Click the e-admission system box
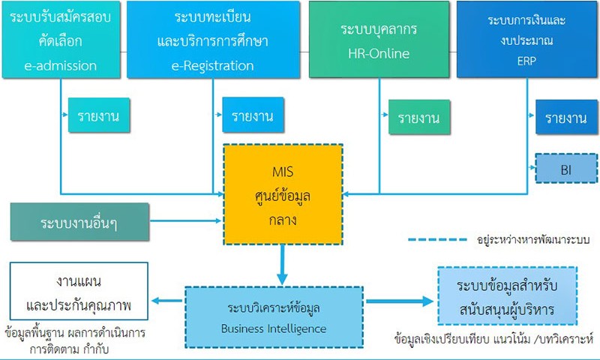click(x=61, y=40)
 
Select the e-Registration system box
click(x=213, y=40)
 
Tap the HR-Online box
click(x=379, y=40)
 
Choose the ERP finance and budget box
click(x=527, y=40)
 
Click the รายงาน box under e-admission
click(x=99, y=115)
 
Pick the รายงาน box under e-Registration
click(x=253, y=115)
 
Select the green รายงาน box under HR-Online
click(x=419, y=117)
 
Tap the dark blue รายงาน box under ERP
click(x=566, y=117)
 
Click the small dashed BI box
click(x=566, y=168)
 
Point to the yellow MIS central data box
click(x=283, y=194)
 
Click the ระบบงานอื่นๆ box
click(x=79, y=222)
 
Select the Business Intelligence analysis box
click(x=274, y=317)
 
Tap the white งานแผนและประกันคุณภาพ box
click(x=79, y=291)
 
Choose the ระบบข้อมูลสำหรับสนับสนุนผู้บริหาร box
click(x=508, y=295)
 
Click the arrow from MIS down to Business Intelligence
click(x=283, y=265)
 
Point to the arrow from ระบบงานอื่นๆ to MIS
click(x=186, y=220)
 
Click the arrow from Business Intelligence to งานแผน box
click(x=167, y=301)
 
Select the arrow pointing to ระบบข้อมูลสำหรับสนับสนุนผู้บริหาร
click(x=400, y=301)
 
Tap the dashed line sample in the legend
click(x=437, y=240)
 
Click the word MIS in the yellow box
click(x=283, y=172)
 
